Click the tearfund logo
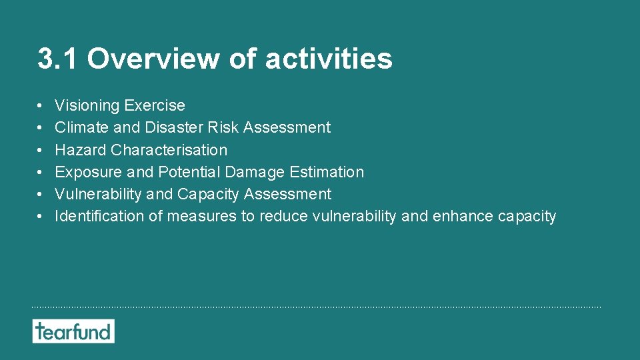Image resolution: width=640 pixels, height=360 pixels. tap(73, 331)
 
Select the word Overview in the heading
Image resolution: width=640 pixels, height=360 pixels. tap(154, 59)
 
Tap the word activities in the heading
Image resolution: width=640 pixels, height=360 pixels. tap(329, 59)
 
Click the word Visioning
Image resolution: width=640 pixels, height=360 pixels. tap(87, 105)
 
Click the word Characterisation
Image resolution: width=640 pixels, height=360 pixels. tap(169, 150)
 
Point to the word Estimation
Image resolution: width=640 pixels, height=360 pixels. tap(327, 172)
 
